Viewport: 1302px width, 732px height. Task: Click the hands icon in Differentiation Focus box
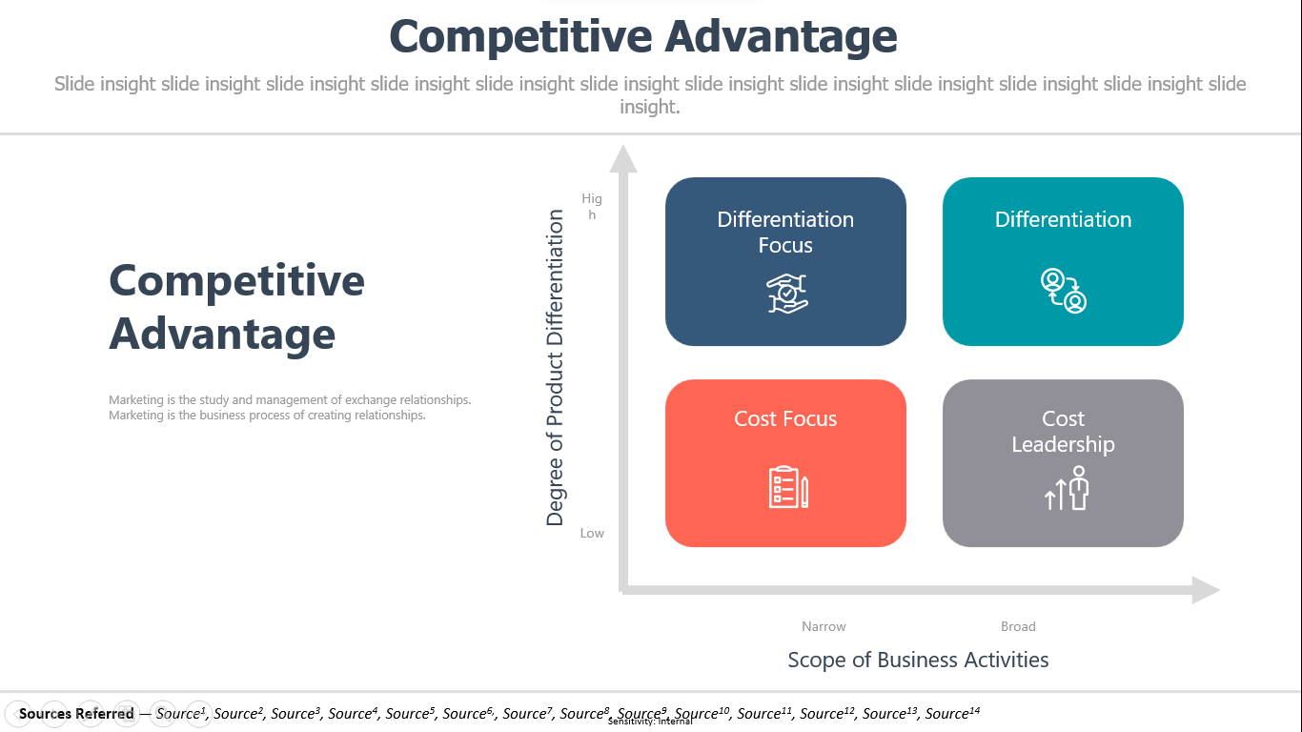tap(786, 294)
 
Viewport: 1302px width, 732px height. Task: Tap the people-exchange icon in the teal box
tap(1063, 291)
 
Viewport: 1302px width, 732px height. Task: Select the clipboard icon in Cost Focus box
tap(788, 487)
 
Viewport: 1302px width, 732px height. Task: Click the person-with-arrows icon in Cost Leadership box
tap(1067, 488)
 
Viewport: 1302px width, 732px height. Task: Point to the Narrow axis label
tap(824, 626)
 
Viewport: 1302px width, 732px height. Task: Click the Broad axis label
tap(1018, 626)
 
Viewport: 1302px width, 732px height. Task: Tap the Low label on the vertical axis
tap(592, 533)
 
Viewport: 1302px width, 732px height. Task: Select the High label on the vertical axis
tap(592, 207)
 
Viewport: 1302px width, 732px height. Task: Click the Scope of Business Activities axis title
tap(918, 660)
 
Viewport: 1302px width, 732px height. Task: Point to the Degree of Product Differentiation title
tap(555, 368)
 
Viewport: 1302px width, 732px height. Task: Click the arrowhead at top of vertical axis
tap(623, 159)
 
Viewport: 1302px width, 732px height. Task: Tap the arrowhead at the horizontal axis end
tap(1206, 590)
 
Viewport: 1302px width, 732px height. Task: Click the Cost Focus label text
tap(785, 418)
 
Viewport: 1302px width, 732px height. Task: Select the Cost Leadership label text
tap(1063, 432)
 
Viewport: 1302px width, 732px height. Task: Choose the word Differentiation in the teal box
tap(1063, 220)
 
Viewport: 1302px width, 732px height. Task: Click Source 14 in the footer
tap(952, 713)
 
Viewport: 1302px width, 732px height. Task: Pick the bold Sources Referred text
tap(76, 713)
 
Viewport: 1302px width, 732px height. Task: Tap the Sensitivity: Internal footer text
tap(650, 722)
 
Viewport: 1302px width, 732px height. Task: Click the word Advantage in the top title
tap(781, 36)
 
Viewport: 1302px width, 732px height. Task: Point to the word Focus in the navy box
tap(785, 245)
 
